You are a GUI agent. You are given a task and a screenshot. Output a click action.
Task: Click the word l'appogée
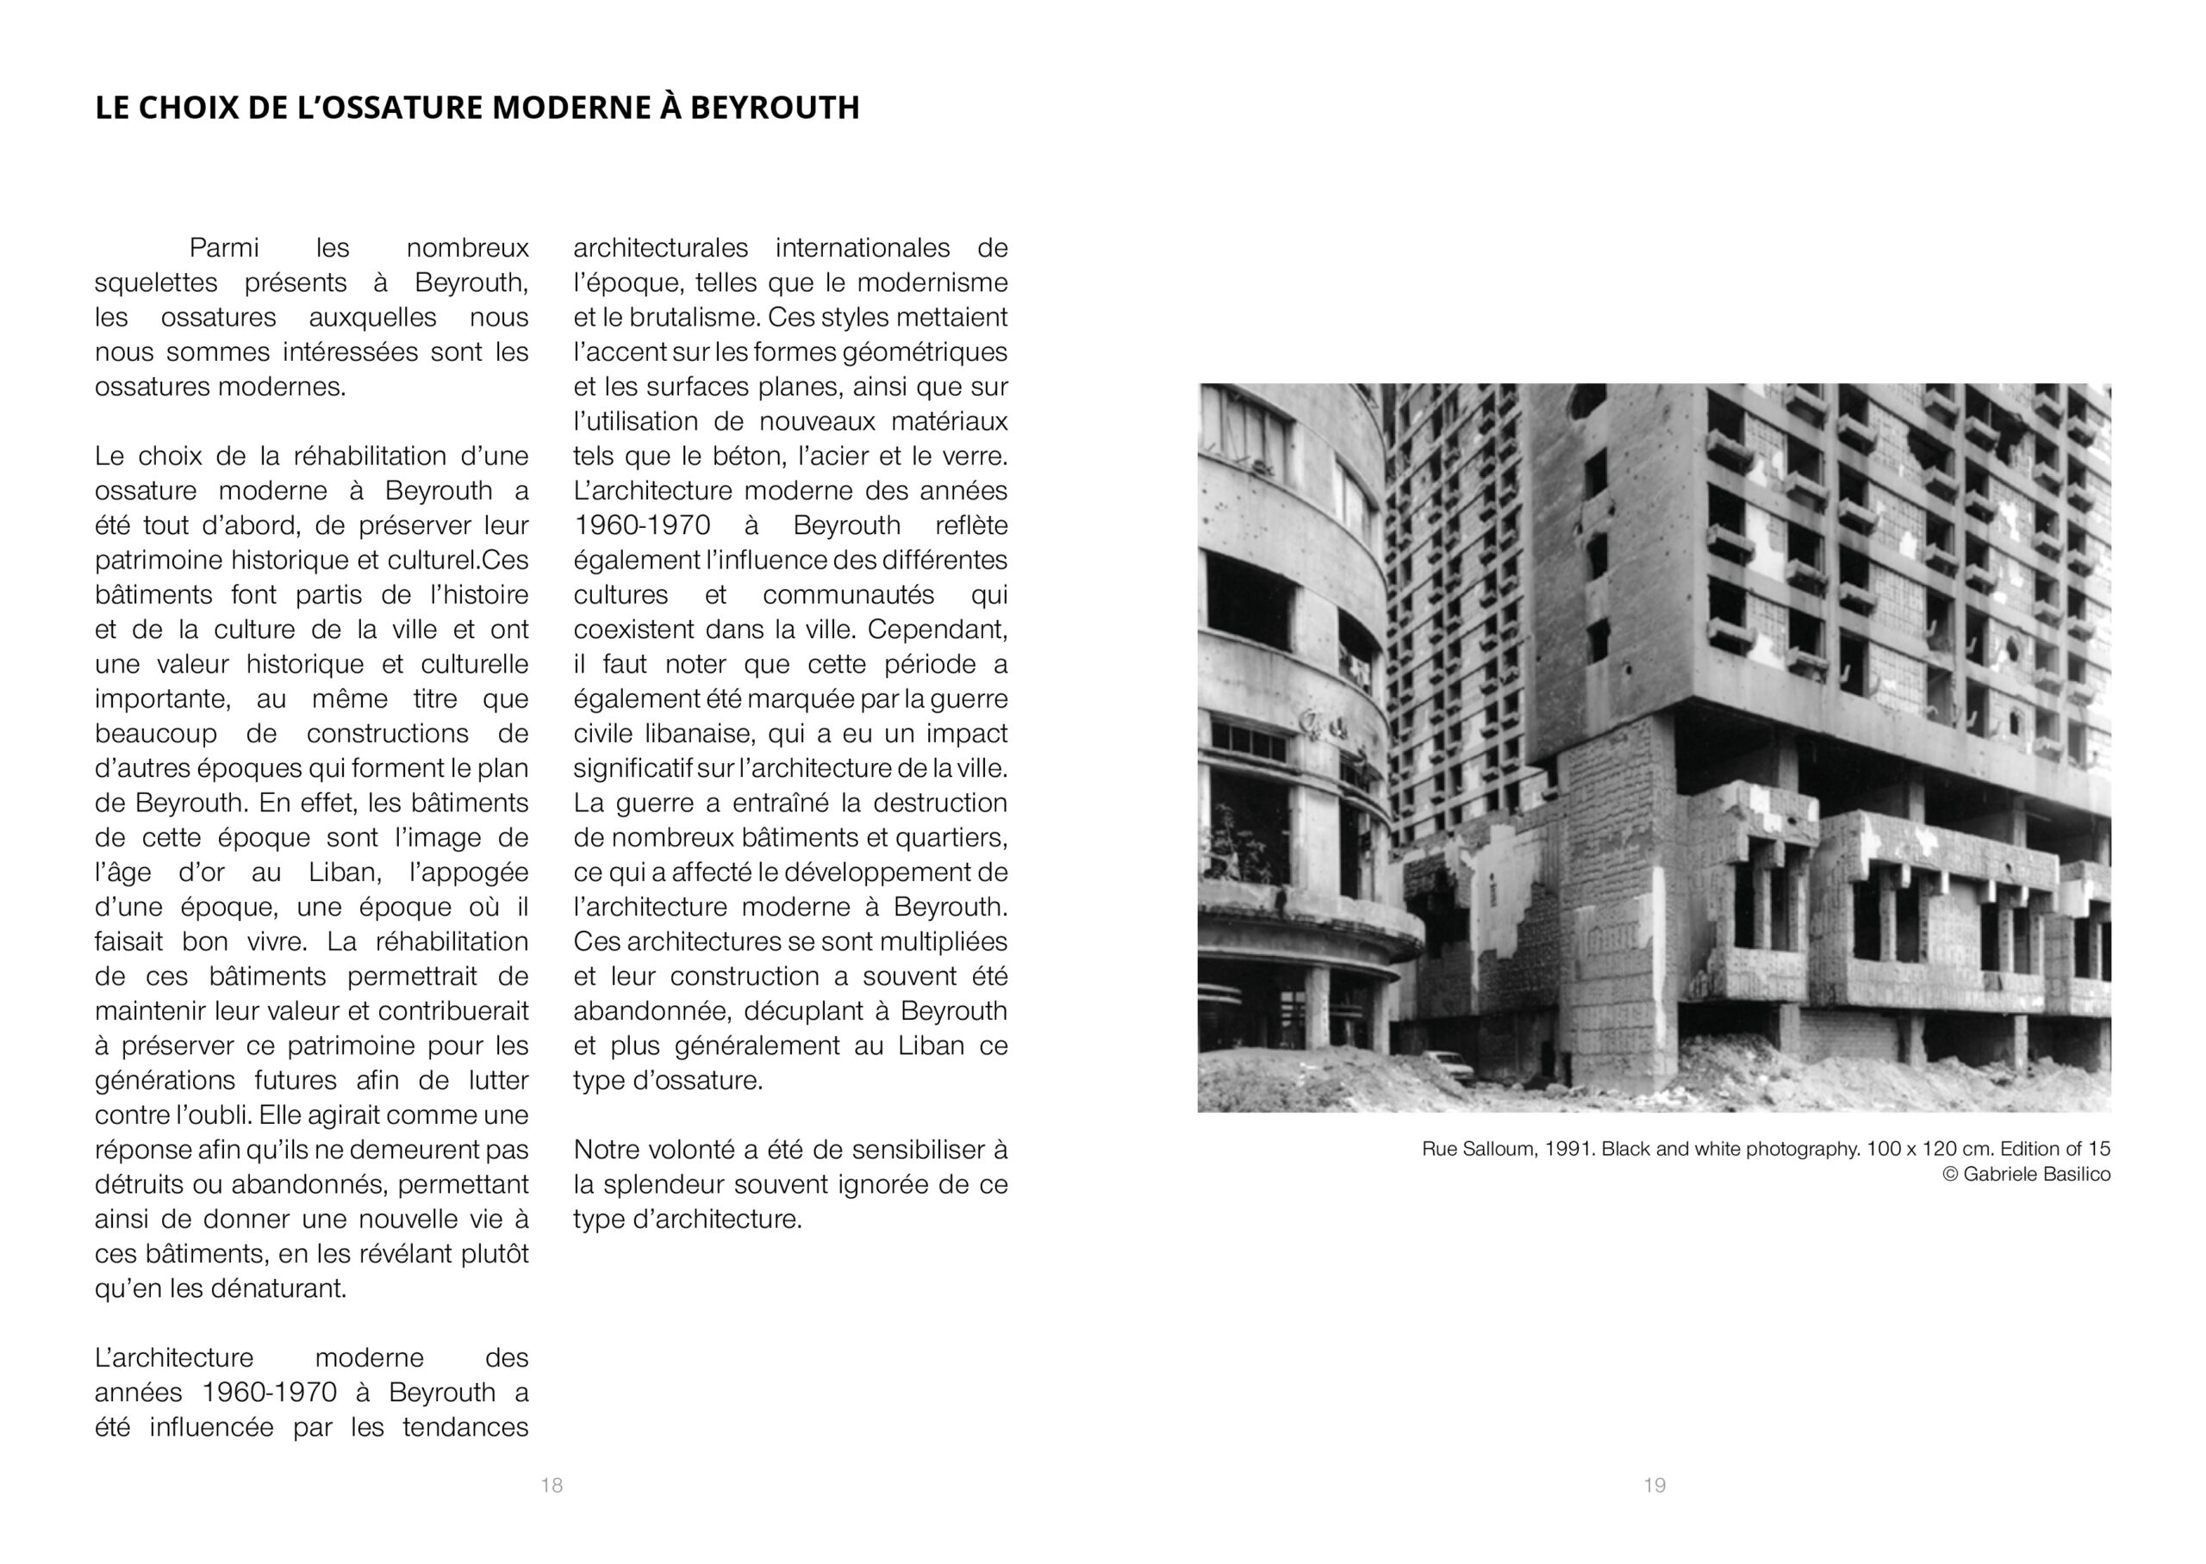pyautogui.click(x=469, y=872)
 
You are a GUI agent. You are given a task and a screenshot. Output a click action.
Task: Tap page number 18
pyautogui.click(x=551, y=1485)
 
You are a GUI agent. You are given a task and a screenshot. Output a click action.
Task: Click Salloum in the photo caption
pyautogui.click(x=1497, y=1149)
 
